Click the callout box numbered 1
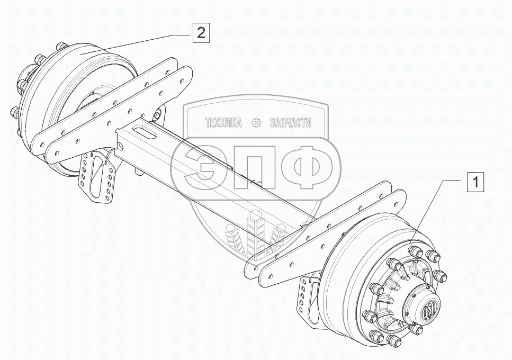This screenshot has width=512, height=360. tap(475, 183)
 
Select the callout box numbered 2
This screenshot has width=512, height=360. tap(201, 33)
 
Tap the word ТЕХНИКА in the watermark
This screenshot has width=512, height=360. tap(223, 123)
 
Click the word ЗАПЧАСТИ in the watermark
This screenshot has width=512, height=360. tap(290, 123)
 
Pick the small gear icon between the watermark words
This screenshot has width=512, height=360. tap(256, 123)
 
